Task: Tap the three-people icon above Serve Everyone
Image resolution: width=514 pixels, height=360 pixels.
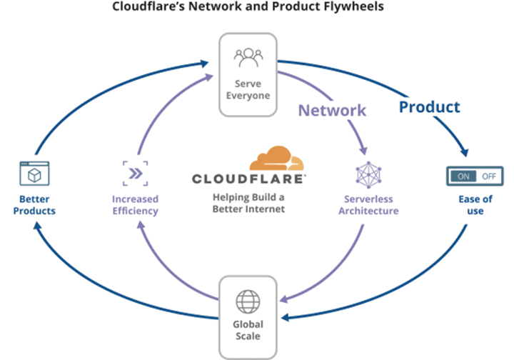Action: click(248, 58)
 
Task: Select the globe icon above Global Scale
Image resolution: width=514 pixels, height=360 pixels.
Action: click(248, 301)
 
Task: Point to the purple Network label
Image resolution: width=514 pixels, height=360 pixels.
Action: click(332, 110)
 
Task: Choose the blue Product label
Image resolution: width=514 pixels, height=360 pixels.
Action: click(430, 107)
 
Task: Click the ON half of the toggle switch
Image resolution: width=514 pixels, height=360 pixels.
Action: click(463, 176)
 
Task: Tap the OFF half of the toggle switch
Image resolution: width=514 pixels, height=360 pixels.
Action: click(489, 176)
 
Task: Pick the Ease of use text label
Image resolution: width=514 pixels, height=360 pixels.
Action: click(475, 205)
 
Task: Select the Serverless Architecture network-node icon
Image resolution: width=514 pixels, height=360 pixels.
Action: click(369, 175)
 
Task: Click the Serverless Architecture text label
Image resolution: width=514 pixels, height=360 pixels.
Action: click(369, 205)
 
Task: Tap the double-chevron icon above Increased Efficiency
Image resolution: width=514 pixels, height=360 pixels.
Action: click(136, 174)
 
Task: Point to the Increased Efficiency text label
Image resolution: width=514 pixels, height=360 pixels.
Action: click(136, 205)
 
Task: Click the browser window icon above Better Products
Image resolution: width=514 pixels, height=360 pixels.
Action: click(34, 174)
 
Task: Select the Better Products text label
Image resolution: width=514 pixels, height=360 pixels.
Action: click(34, 205)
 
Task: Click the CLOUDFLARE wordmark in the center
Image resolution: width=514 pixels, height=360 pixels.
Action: click(249, 179)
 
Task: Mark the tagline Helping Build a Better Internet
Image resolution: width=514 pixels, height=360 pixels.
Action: click(248, 203)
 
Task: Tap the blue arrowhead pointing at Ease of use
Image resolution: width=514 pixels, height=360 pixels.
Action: click(465, 152)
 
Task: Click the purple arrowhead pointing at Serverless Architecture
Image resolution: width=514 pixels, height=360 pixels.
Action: click(363, 151)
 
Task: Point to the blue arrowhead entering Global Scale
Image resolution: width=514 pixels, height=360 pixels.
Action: click(286, 317)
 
